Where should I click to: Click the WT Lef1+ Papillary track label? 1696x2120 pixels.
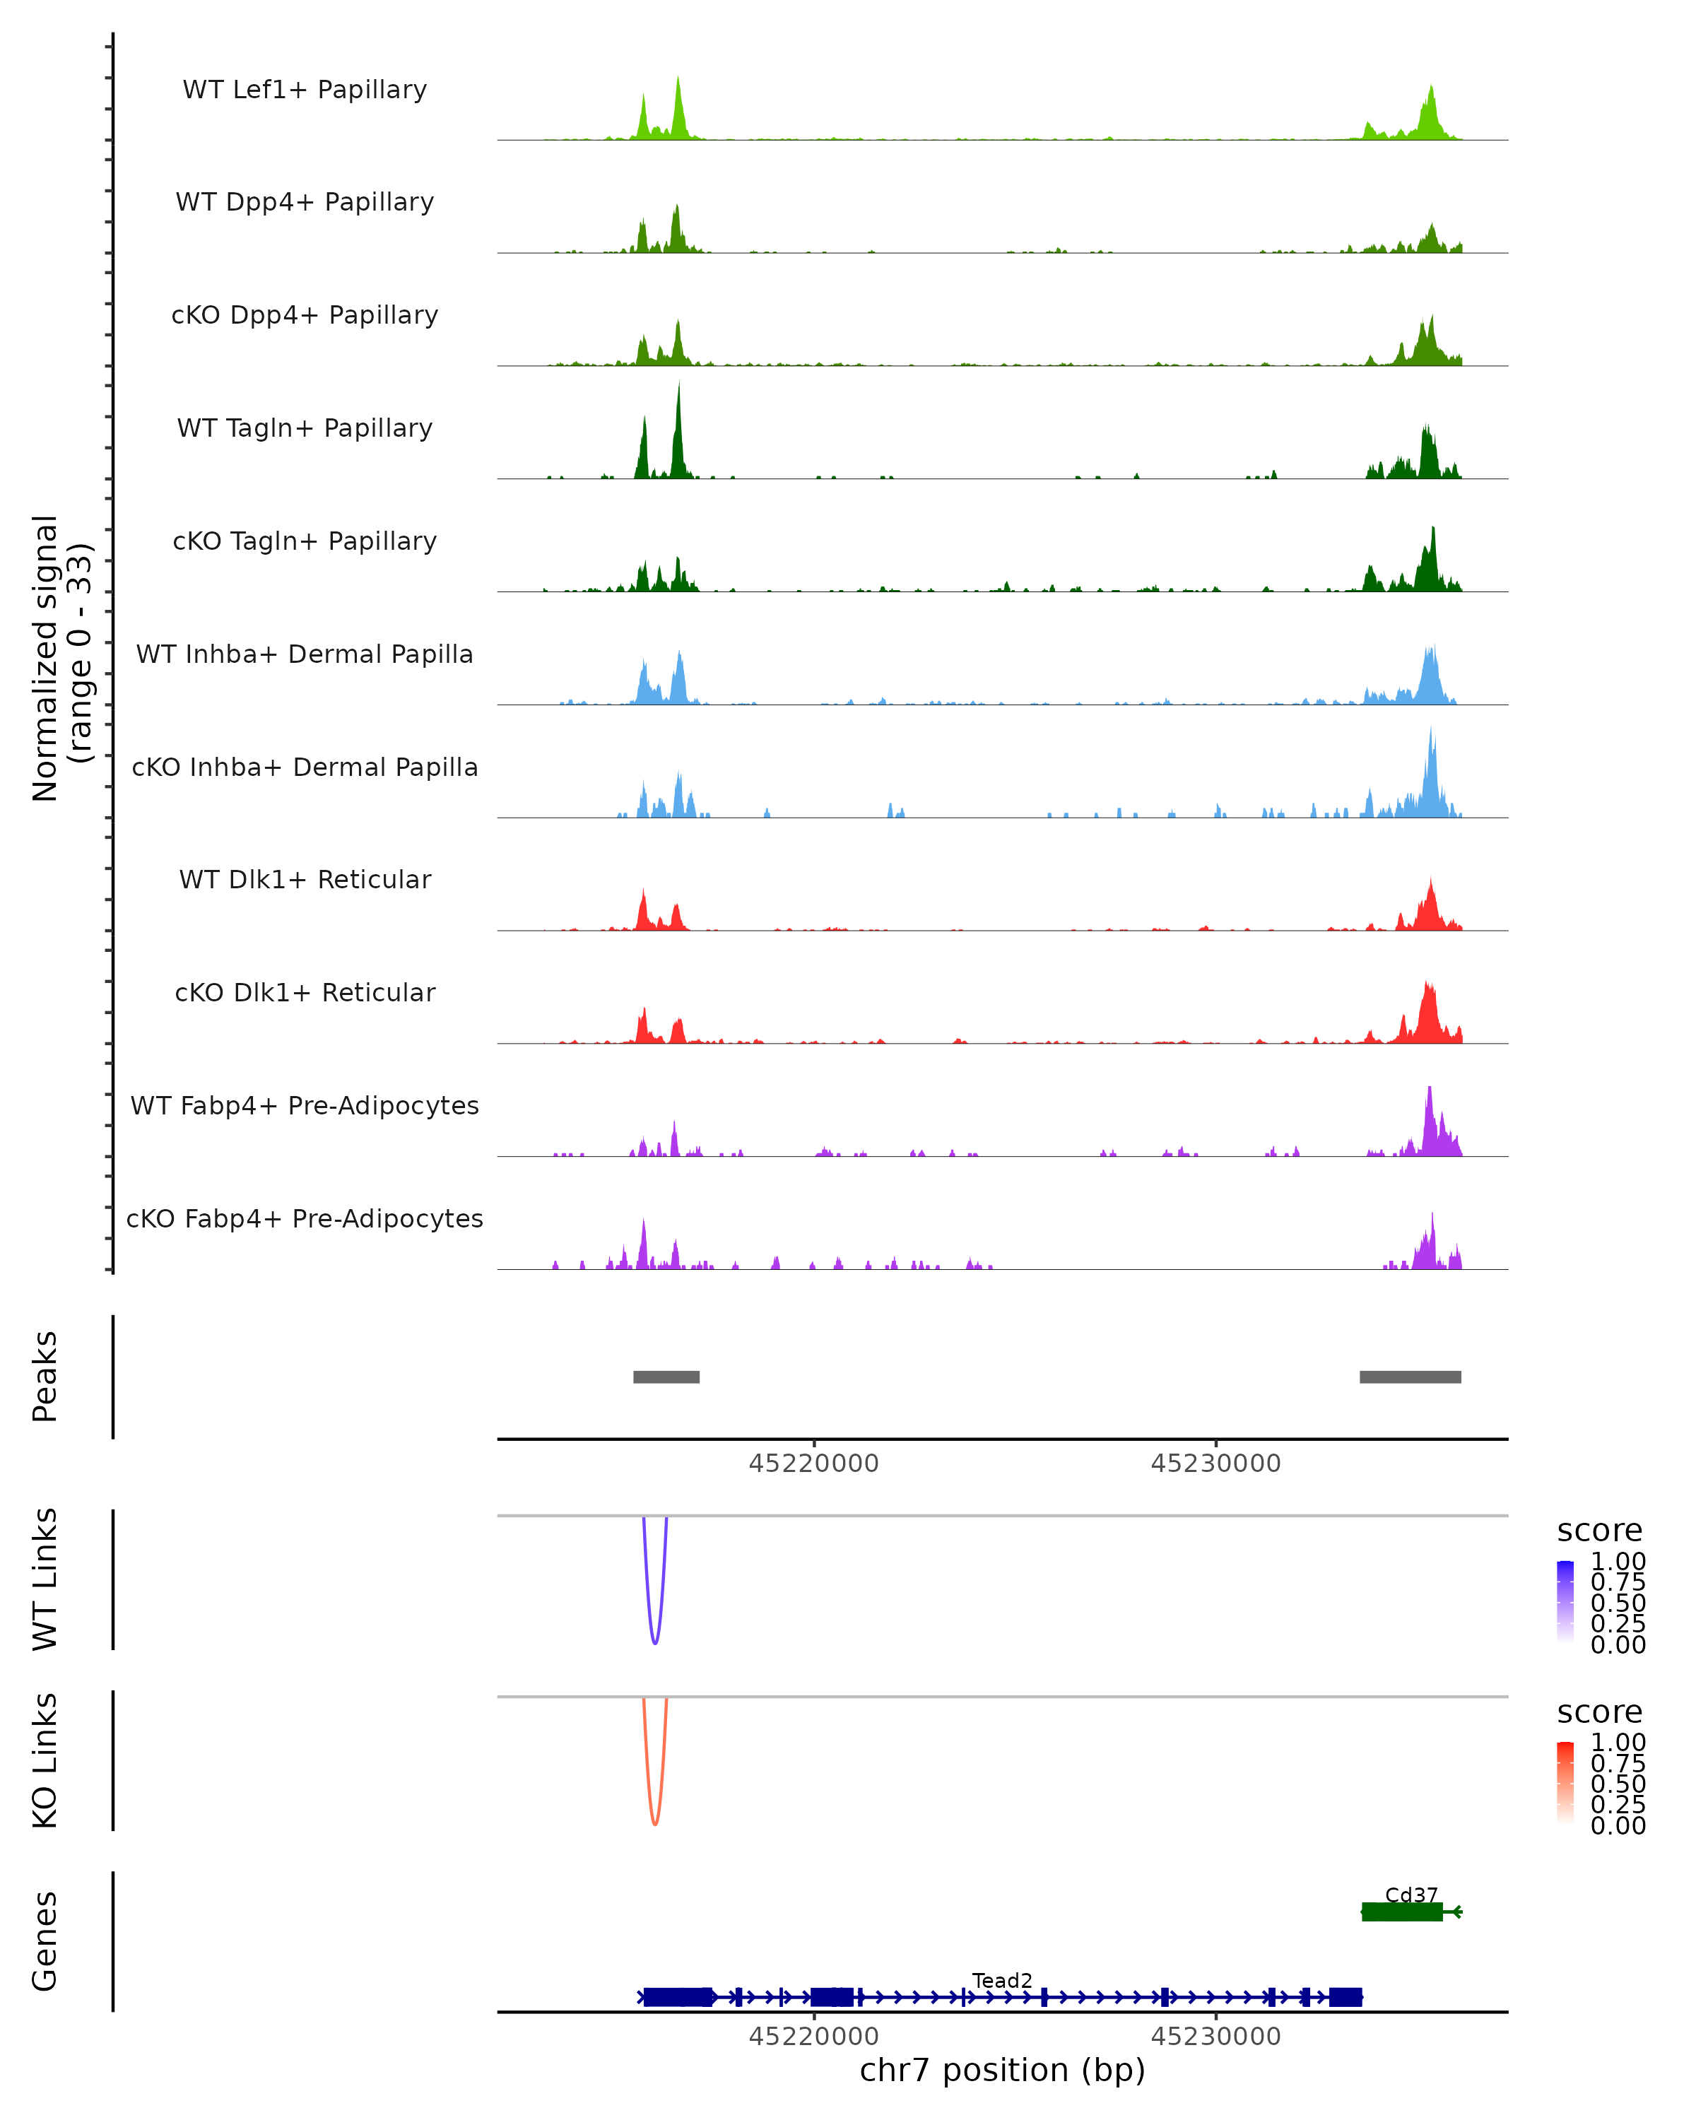[x=305, y=90]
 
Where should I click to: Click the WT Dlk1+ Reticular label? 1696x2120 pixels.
[x=305, y=879]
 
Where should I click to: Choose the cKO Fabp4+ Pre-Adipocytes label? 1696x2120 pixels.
[x=305, y=1218]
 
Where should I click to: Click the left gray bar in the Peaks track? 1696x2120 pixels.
[x=666, y=1377]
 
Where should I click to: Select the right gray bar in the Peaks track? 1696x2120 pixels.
[x=1410, y=1377]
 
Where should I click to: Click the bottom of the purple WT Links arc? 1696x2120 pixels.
[x=655, y=1642]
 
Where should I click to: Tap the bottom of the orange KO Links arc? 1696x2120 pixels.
[x=655, y=1824]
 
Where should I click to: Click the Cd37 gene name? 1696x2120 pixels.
[x=1411, y=1895]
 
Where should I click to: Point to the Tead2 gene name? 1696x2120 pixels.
[x=1002, y=1980]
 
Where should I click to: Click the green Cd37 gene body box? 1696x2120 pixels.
[x=1401, y=1912]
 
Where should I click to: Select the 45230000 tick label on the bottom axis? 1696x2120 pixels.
[x=1215, y=2037]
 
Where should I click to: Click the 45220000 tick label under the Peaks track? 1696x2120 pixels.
[x=813, y=1464]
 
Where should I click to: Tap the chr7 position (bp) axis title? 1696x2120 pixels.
[x=1002, y=2070]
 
